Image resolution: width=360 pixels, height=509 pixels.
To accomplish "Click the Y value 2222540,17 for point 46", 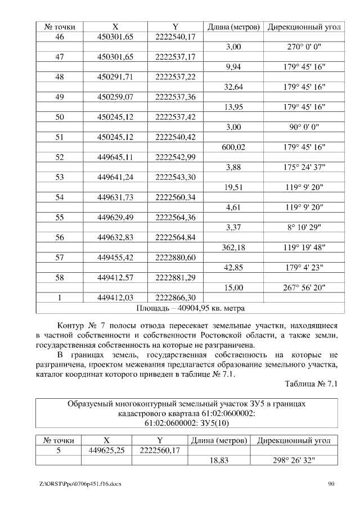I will coord(175,37).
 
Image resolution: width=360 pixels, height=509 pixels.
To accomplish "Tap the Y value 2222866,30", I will coord(175,298).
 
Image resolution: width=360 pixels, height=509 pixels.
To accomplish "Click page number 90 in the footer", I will coord(331,484).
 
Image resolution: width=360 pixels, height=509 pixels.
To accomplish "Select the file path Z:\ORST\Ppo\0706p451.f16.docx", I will coord(80,484).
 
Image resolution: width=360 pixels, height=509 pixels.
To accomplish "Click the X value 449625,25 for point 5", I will coord(106,450).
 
